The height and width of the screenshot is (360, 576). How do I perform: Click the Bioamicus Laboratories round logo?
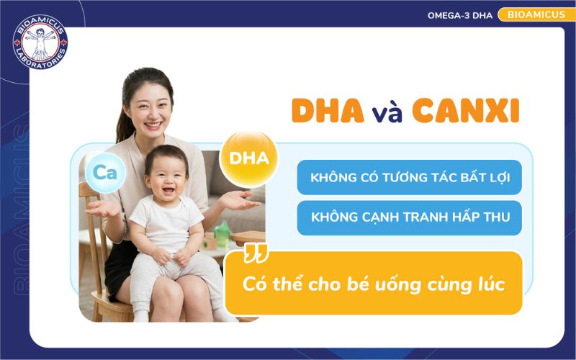(x=40, y=42)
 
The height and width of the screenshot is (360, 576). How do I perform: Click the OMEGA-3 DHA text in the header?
(x=459, y=14)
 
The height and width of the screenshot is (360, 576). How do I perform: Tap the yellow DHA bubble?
(x=248, y=157)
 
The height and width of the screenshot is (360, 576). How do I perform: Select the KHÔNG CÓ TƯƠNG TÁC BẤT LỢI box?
(x=409, y=177)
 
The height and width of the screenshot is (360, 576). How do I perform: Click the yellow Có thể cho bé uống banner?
(x=373, y=283)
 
